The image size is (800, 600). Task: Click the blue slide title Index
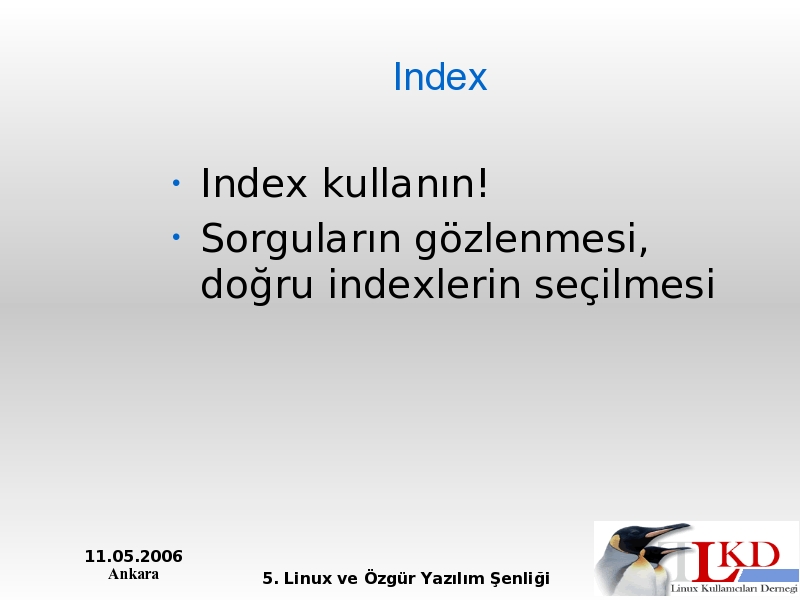(440, 77)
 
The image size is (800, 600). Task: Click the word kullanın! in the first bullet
(406, 183)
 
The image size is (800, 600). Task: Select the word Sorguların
(301, 238)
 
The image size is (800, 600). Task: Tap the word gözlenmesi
(531, 238)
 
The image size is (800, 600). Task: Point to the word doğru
(257, 283)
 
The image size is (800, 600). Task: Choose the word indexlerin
(424, 283)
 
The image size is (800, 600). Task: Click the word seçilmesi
(625, 283)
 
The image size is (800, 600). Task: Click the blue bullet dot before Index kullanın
(176, 183)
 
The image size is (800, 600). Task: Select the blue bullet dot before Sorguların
(176, 237)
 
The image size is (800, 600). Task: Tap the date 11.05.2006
(134, 556)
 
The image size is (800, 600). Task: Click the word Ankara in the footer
(134, 574)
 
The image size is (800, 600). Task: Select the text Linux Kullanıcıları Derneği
(734, 589)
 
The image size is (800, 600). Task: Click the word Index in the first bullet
(254, 183)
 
